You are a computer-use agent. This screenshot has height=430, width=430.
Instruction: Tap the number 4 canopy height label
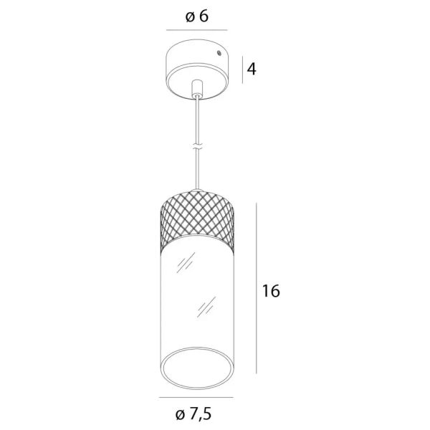pyautogui.click(x=252, y=69)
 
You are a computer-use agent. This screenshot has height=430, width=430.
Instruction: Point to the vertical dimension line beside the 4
pyautogui.click(x=242, y=70)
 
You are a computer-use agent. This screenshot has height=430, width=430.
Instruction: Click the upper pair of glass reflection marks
pyautogui.click(x=184, y=262)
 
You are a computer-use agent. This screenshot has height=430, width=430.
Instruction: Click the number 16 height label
pyautogui.click(x=270, y=291)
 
